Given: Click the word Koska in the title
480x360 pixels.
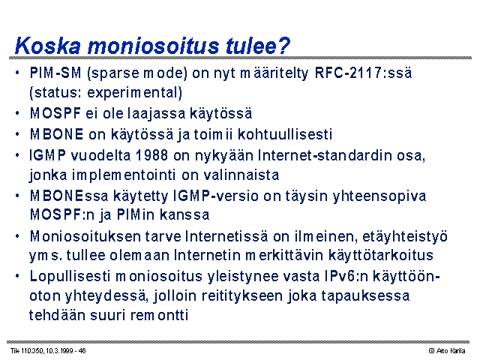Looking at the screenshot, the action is point(48,46).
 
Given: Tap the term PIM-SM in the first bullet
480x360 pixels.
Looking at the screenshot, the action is point(55,73).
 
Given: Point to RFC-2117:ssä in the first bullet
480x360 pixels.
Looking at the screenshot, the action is point(363,73).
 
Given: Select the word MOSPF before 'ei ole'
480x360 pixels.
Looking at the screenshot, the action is point(55,113).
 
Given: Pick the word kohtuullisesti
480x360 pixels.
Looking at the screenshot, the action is point(285,134).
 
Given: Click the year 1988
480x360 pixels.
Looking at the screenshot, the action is point(151,155).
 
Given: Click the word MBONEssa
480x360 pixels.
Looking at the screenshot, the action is point(69,196).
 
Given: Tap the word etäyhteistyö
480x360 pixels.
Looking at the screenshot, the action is point(405,237).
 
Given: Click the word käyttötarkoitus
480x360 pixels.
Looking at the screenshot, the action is point(381,255).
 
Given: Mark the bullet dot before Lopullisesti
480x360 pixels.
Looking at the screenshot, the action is point(17,276).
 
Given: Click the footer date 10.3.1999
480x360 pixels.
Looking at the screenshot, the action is point(59,351).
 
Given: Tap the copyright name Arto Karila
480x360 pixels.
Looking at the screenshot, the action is point(451,351).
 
